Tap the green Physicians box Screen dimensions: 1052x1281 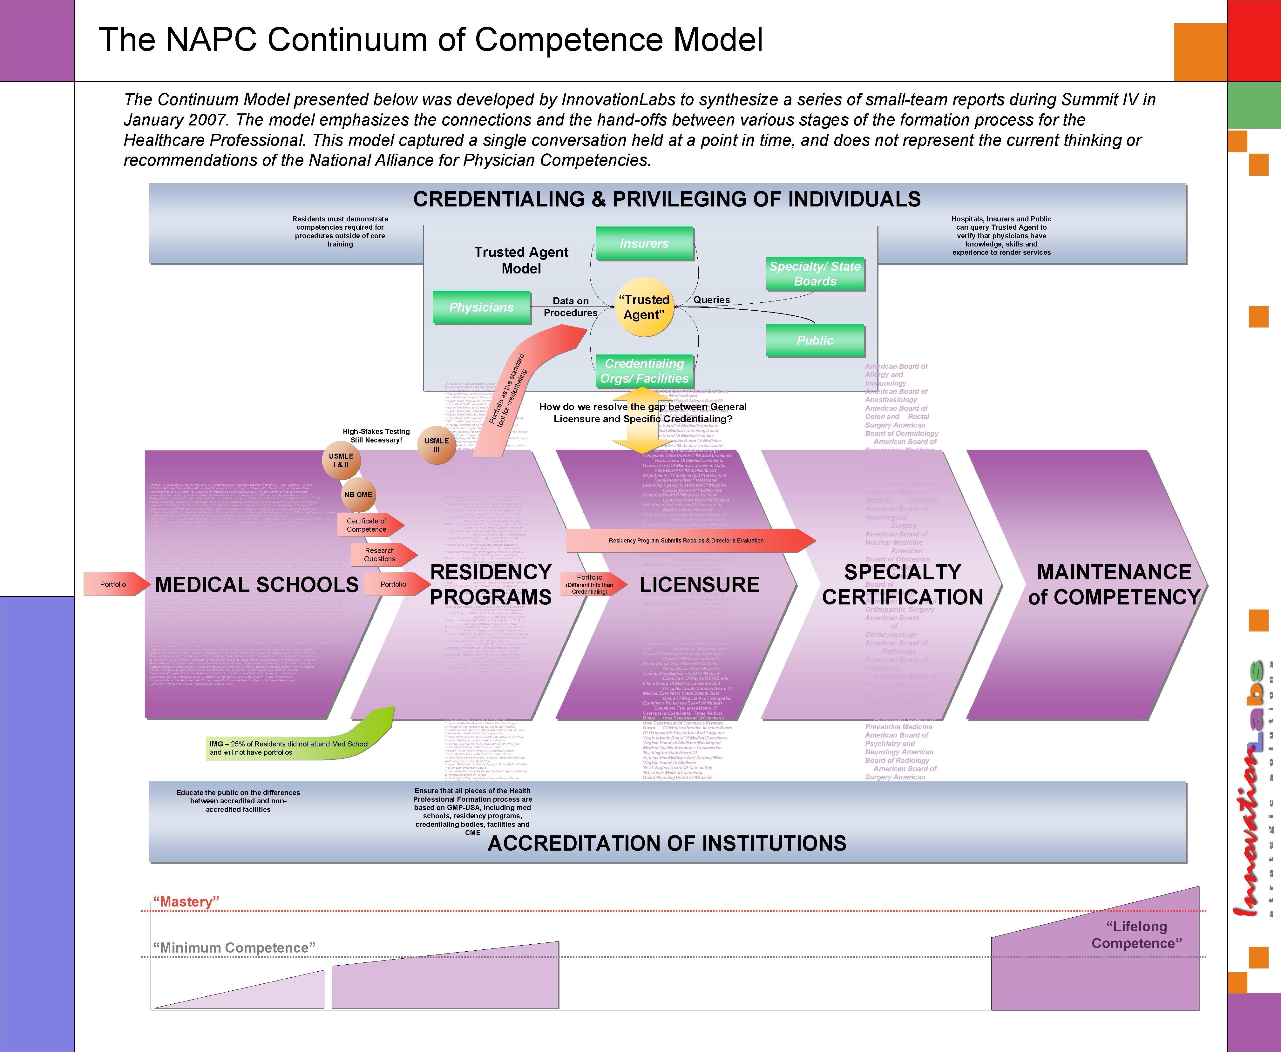[482, 307]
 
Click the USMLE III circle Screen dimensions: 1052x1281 [436, 445]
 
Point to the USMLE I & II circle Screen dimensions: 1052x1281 [341, 461]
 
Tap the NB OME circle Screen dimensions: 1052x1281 [358, 495]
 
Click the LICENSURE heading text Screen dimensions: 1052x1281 [699, 585]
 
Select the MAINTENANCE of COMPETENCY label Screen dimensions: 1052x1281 [1114, 585]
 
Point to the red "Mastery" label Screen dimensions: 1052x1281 [186, 902]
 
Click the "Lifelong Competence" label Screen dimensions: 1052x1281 [1136, 934]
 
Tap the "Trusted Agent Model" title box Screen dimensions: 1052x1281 [521, 260]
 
